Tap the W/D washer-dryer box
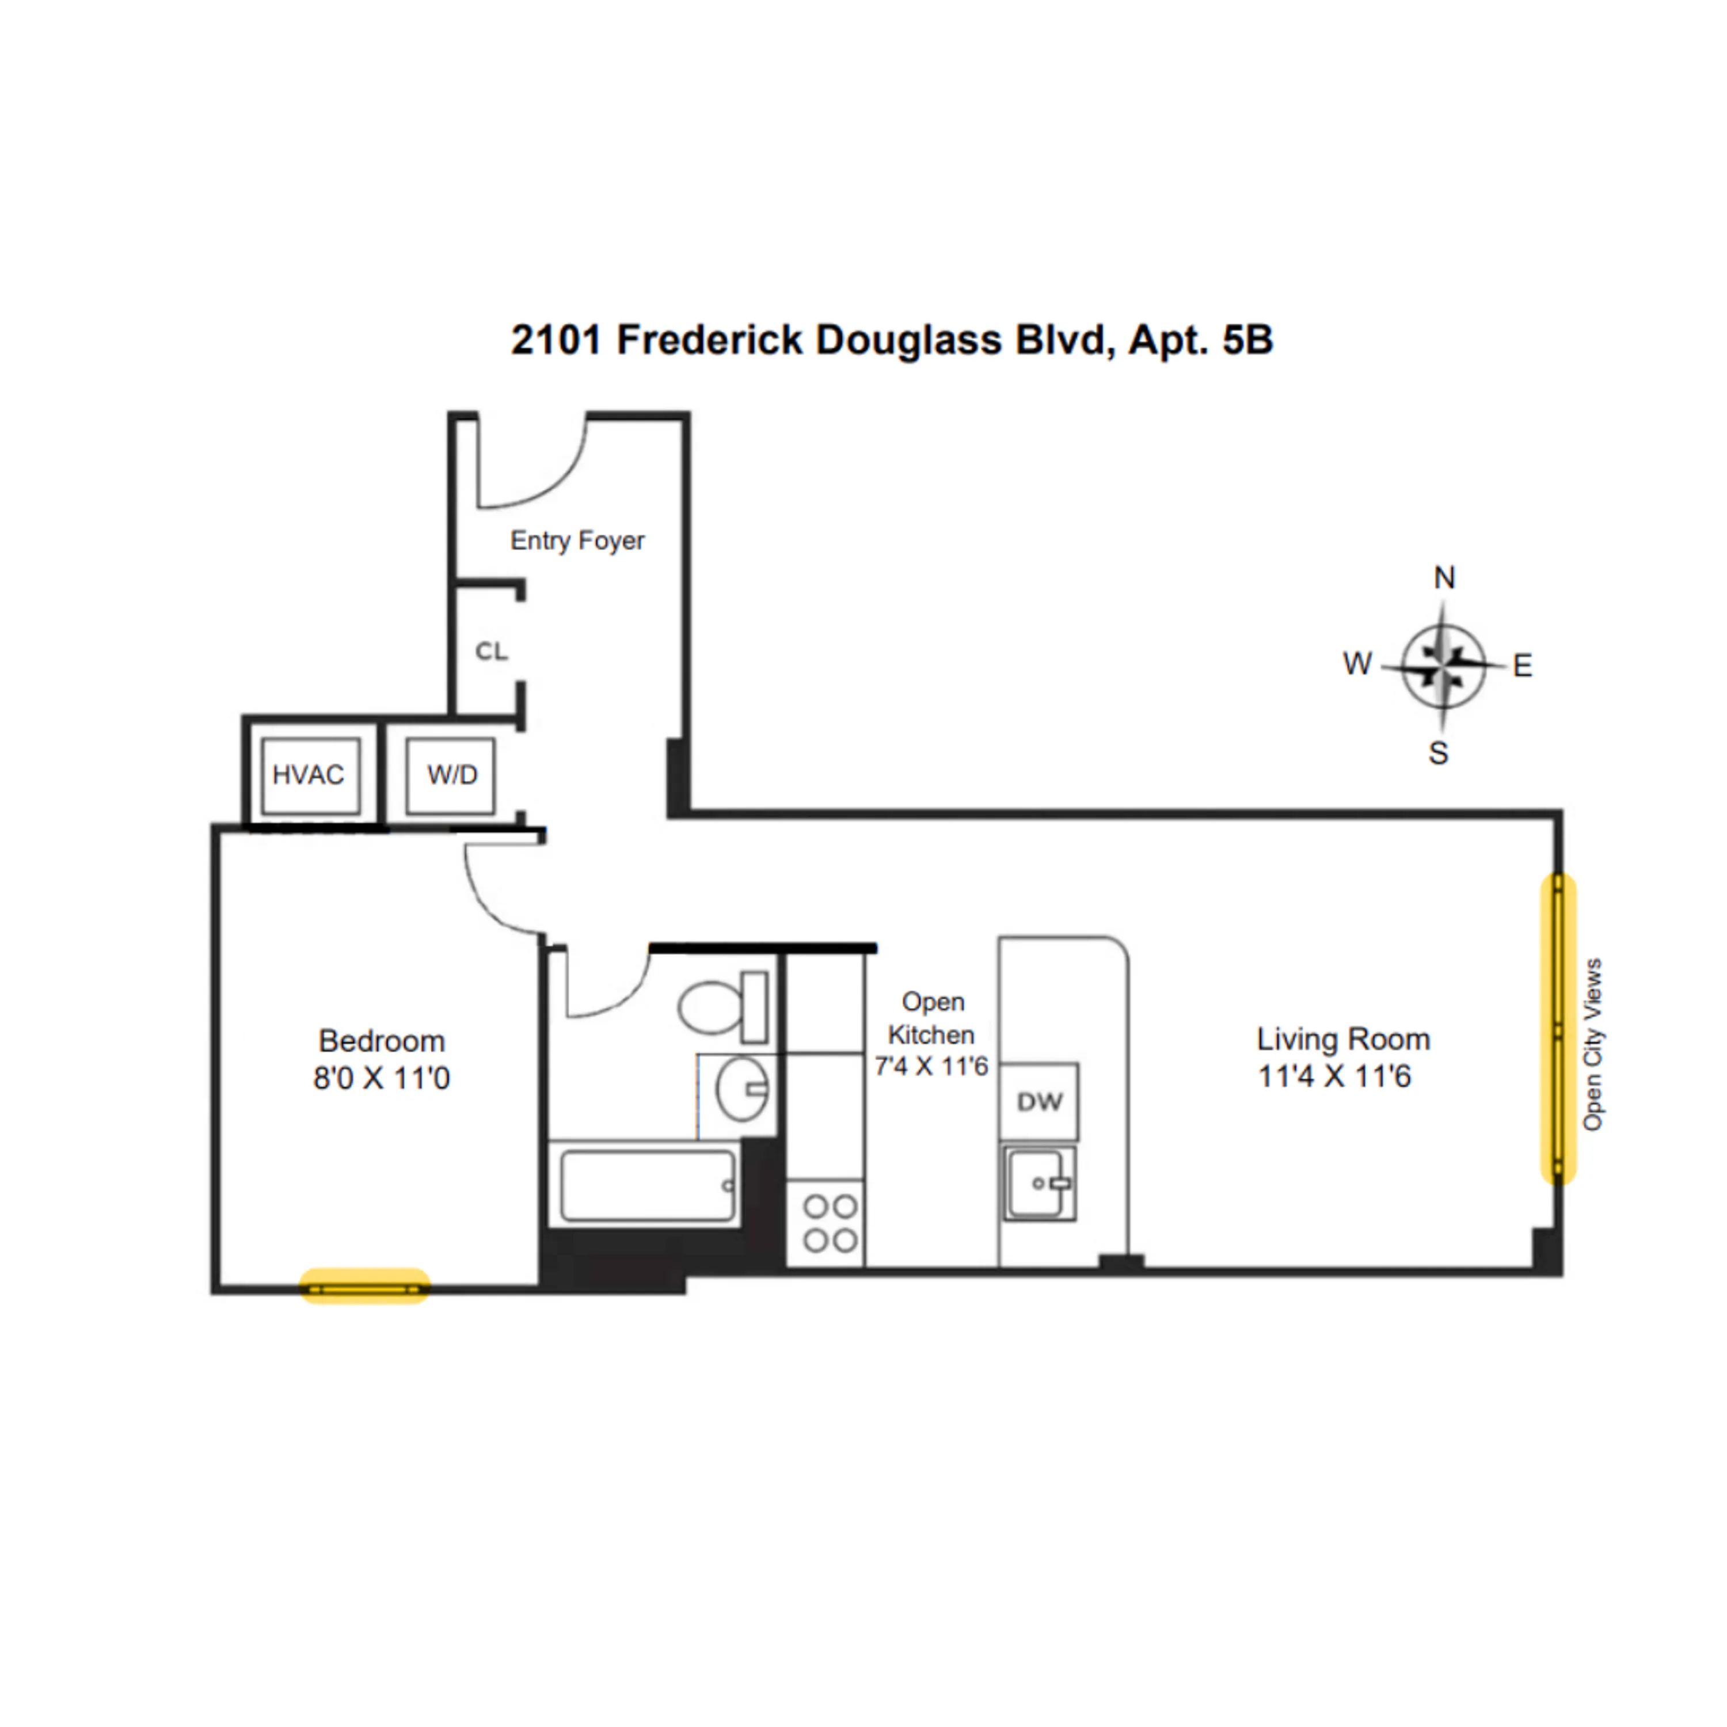click(451, 775)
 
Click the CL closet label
click(490, 652)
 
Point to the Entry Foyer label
click(577, 541)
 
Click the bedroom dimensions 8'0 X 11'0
click(382, 1079)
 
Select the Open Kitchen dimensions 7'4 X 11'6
click(931, 1066)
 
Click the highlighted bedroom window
click(364, 1289)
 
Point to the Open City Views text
click(1593, 1044)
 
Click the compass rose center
click(1443, 667)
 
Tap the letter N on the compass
click(1444, 579)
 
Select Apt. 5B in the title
click(1200, 341)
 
